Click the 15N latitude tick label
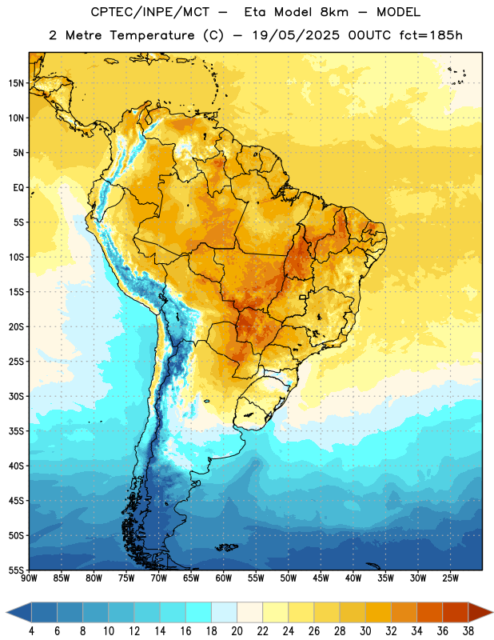(16, 83)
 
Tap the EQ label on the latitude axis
(18, 188)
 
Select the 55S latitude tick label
(16, 570)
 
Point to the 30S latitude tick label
(16, 396)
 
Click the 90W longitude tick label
(30, 578)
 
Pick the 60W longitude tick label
(224, 578)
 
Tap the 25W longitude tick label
(450, 578)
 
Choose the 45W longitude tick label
(321, 578)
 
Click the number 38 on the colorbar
(468, 631)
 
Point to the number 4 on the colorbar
(31, 631)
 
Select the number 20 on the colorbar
(237, 631)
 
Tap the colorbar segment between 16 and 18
(199, 613)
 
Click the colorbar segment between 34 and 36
(429, 613)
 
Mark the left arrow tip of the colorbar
(6, 613)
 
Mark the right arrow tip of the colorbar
(493, 613)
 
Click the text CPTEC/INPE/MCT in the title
(150, 12)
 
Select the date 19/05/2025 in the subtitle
(296, 35)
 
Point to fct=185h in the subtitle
(431, 35)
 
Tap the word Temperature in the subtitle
(152, 35)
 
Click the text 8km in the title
(334, 12)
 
